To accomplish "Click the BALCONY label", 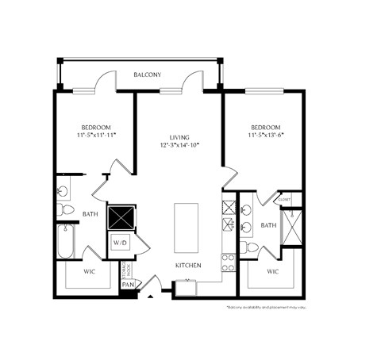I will tap(147, 75).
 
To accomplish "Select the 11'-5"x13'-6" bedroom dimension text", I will tap(266, 136).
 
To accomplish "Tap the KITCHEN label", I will tap(188, 265).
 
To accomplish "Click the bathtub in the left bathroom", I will tap(65, 242).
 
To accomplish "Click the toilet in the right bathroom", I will tap(249, 247).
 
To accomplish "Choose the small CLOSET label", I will tap(284, 201).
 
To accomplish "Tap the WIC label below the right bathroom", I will tap(272, 271).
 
